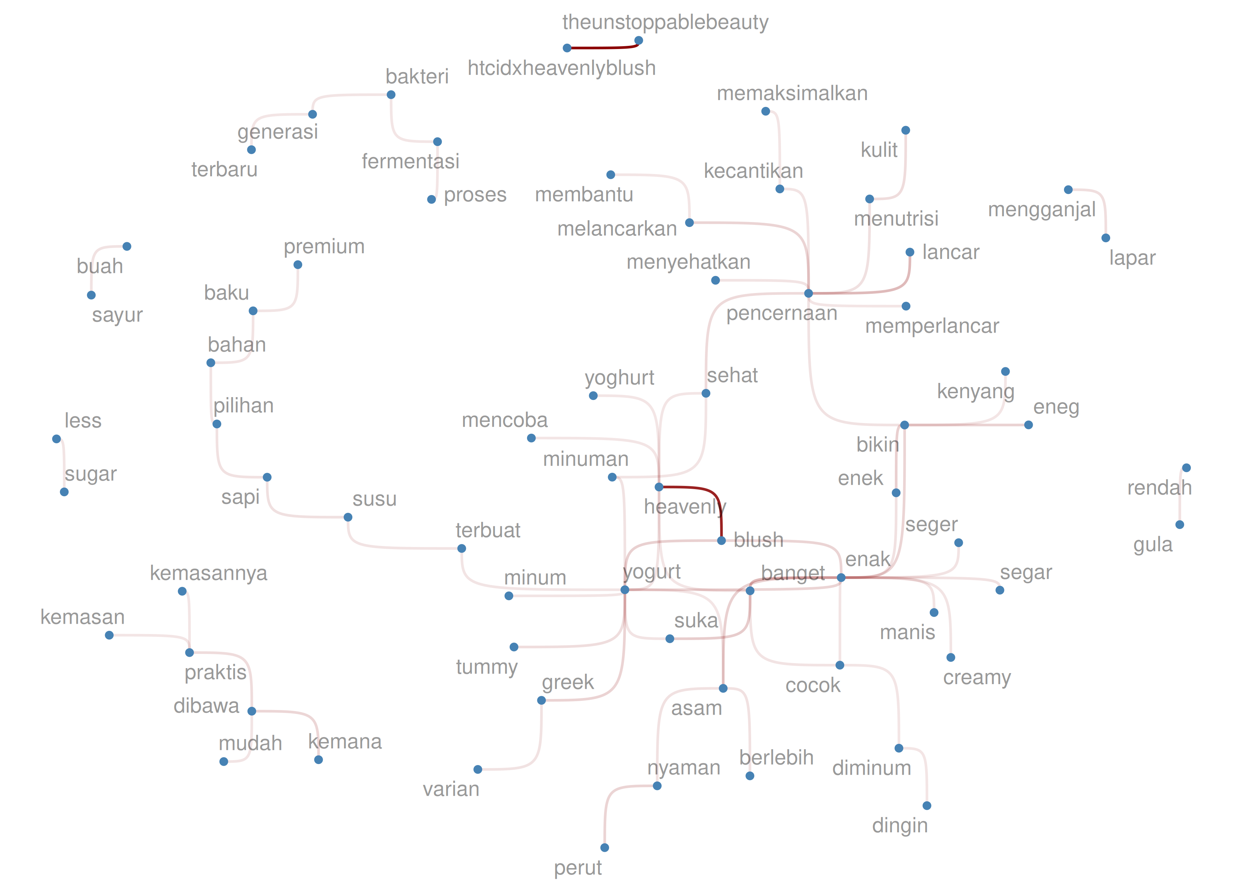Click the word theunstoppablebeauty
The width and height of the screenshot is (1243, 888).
coord(665,22)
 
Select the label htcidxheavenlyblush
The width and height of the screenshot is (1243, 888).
coord(561,68)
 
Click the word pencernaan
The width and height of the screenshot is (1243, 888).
coord(781,313)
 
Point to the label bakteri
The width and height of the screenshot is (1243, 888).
coord(417,77)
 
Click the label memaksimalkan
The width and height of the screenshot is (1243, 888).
coord(792,93)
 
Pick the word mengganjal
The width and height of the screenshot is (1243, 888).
coord(1041,210)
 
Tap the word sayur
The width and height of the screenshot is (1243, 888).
coord(117,315)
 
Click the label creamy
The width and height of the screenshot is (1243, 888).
coord(976,677)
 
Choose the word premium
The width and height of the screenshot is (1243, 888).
coord(324,247)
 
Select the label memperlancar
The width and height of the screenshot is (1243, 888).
coord(932,326)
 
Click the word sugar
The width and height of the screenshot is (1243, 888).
coord(90,474)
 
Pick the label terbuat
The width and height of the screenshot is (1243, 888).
coord(488,530)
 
